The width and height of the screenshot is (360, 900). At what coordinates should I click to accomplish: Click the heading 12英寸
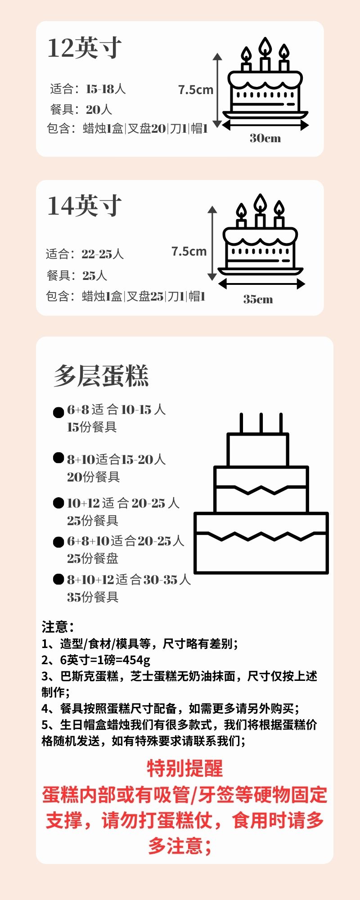84,48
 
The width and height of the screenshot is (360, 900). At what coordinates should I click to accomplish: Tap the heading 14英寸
84,206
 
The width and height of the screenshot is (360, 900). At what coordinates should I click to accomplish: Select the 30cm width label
265,138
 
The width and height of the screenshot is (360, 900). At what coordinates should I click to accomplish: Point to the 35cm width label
258,299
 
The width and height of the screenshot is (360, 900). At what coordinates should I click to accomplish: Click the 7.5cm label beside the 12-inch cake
195,90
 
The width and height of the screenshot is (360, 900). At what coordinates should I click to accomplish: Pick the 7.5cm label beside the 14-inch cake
189,251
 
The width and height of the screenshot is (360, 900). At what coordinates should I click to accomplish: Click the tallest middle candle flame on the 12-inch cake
265,47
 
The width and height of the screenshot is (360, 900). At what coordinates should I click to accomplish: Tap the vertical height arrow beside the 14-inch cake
212,243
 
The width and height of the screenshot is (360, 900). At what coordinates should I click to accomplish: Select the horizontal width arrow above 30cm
265,125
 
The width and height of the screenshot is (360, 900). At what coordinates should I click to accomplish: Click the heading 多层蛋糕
101,376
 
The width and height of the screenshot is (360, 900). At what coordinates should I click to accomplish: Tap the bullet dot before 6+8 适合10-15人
58,412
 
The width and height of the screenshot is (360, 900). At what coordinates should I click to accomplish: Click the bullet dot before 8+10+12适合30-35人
58,579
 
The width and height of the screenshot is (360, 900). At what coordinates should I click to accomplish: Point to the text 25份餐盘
93,558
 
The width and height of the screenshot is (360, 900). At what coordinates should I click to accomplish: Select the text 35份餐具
93,597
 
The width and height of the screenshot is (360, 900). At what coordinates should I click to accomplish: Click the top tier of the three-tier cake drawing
257,450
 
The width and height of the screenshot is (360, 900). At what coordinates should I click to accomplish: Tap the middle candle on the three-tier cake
261,423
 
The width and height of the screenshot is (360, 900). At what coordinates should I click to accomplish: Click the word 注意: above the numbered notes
58,627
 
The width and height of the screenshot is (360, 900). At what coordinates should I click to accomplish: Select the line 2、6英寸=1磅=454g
96,660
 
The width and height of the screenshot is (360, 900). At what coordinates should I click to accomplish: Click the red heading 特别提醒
184,769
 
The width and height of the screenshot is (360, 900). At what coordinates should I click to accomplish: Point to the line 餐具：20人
81,109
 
